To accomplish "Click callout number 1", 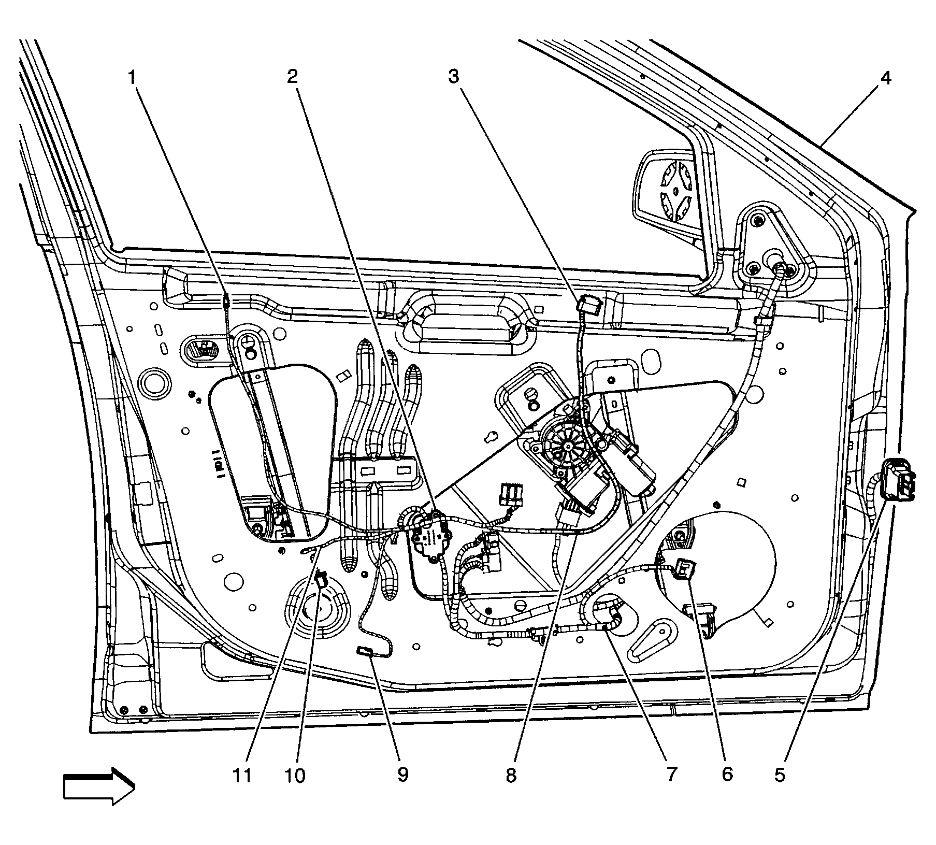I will [133, 78].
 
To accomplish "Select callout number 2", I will [293, 77].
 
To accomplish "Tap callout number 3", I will [453, 77].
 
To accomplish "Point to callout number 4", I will [885, 78].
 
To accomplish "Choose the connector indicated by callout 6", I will [685, 569].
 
